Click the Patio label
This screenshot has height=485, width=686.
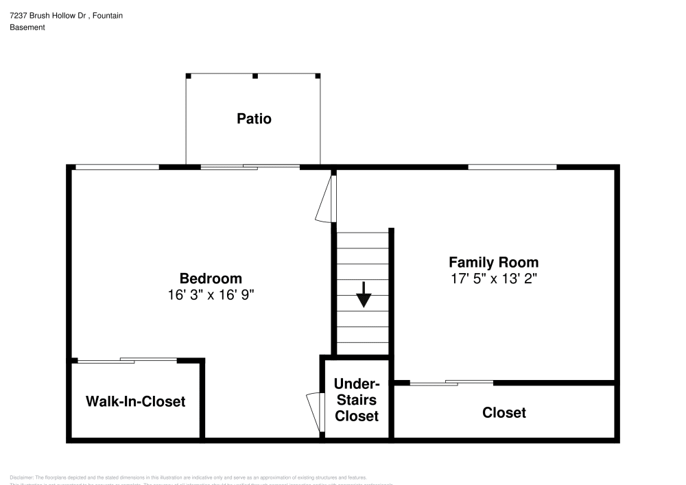(x=254, y=119)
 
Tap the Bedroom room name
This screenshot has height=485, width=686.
(x=211, y=279)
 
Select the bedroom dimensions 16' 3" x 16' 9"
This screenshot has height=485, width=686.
(x=211, y=294)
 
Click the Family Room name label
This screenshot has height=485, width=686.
(x=493, y=262)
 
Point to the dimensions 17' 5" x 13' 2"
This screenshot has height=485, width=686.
(x=493, y=278)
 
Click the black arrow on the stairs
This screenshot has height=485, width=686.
(x=364, y=296)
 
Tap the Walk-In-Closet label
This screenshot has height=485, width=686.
(x=135, y=401)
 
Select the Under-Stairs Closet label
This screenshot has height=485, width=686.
(x=357, y=400)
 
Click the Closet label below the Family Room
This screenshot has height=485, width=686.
(x=504, y=412)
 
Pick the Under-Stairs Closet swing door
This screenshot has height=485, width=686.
(x=315, y=412)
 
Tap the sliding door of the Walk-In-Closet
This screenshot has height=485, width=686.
(x=128, y=360)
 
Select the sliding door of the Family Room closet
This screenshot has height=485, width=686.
(x=451, y=382)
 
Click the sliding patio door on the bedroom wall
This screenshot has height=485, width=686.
(x=250, y=166)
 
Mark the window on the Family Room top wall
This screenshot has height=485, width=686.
(x=512, y=167)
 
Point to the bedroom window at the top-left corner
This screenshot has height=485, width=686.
(x=117, y=167)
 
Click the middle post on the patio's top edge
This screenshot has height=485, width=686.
(x=254, y=75)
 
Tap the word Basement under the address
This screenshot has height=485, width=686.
(x=27, y=27)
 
